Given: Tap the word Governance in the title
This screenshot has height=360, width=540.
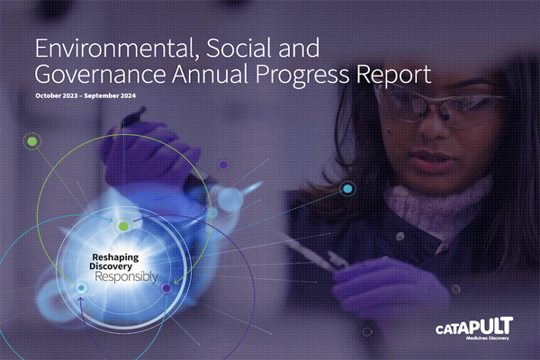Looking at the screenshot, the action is coord(101,75).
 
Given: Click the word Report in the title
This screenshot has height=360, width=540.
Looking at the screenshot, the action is coord(393,75).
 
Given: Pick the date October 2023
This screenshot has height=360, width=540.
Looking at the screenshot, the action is coord(57,95).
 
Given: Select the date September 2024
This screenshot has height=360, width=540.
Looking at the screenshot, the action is coord(110,95).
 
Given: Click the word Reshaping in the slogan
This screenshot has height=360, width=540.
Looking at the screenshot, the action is coord(115,257).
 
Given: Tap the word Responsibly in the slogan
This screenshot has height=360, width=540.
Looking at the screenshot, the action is coord(127,276).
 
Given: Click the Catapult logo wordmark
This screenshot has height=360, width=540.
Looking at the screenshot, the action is coord(474,326).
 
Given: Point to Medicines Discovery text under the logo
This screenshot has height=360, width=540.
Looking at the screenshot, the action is coord(487,338).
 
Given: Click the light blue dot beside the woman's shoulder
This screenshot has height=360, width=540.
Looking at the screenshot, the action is coord(347,189).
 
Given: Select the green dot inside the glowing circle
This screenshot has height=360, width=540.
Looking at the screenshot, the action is coord(123,226).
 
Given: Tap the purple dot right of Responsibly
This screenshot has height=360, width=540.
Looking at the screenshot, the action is coord(166,288).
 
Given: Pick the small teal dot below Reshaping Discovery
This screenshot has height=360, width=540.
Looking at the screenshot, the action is coord(81,288).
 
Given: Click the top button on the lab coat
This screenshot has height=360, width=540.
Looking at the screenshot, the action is coord(400,237).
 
